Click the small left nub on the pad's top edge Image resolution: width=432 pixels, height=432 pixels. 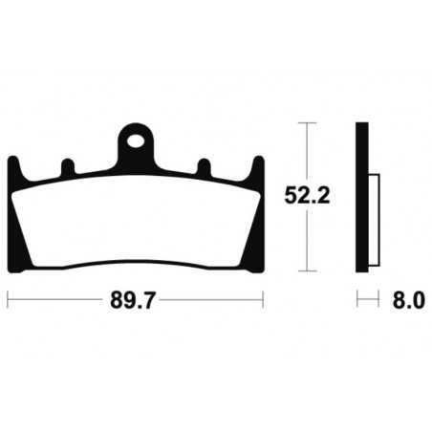(65, 167)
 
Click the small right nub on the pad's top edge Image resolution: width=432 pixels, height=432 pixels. (203, 167)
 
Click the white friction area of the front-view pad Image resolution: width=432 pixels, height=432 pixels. (136, 220)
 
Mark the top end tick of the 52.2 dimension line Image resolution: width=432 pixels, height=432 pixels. (306, 124)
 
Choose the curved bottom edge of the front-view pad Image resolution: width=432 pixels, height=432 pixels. (136, 260)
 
